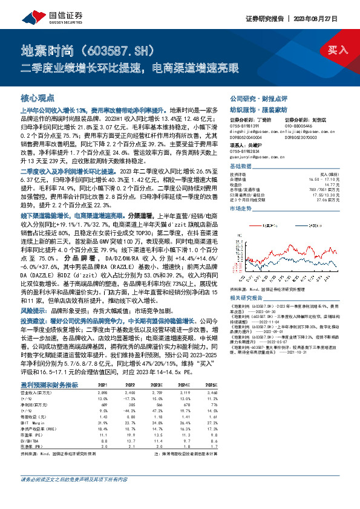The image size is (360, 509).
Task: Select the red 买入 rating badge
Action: [337, 50]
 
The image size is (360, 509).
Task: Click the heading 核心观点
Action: [38, 97]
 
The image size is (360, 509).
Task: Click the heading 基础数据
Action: [240, 166]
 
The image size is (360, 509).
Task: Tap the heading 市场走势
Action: [240, 207]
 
